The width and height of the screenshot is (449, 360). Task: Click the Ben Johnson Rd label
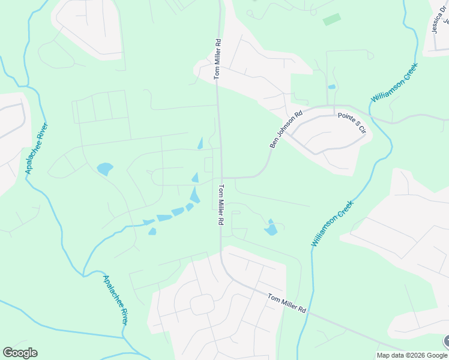[285, 128]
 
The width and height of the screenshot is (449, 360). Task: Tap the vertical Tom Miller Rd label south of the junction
[220, 205]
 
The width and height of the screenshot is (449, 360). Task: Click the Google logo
[20, 353]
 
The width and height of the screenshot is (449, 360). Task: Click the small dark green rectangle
[331, 19]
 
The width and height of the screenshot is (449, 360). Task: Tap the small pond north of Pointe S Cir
[332, 87]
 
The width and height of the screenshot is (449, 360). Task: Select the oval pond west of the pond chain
[104, 169]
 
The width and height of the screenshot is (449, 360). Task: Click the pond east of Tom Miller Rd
[271, 228]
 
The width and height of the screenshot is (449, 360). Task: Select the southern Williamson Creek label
[333, 223]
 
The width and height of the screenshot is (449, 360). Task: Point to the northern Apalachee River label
[37, 148]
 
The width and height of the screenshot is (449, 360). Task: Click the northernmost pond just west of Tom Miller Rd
[200, 143]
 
